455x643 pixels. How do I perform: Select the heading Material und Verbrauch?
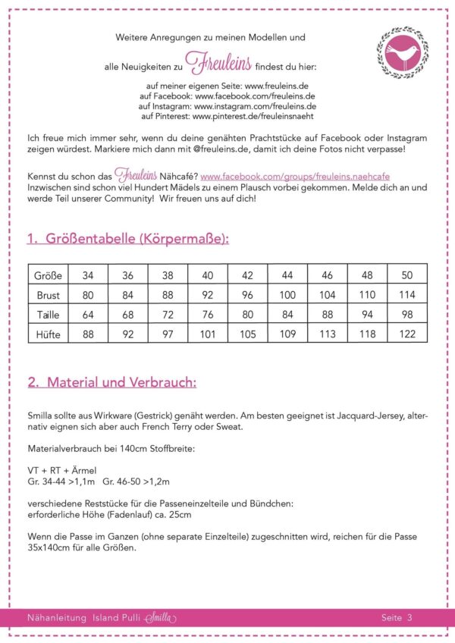click(111, 382)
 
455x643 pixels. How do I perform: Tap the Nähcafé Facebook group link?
click(295, 175)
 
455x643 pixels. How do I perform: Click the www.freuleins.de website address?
click(277, 87)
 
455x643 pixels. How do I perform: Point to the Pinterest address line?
click(227, 118)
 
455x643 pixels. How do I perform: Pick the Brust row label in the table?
click(49, 294)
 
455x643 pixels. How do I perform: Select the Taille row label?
click(49, 314)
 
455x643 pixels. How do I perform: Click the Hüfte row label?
click(49, 333)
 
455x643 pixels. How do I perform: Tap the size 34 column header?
click(88, 274)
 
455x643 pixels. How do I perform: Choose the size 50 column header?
click(407, 274)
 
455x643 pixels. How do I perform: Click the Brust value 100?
click(287, 294)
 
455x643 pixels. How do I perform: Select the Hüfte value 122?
click(407, 333)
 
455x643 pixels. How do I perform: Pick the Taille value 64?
click(88, 314)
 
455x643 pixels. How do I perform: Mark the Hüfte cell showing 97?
click(168, 333)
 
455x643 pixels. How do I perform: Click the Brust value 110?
click(367, 294)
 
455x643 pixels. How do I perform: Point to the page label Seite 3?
click(397, 618)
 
